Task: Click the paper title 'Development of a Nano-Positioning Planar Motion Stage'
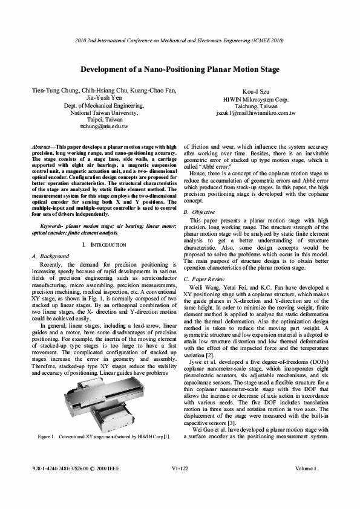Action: click(180, 70)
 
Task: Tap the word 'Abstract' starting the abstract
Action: click(42, 147)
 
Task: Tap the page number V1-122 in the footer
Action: click(180, 485)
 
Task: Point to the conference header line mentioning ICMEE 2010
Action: click(180, 40)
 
